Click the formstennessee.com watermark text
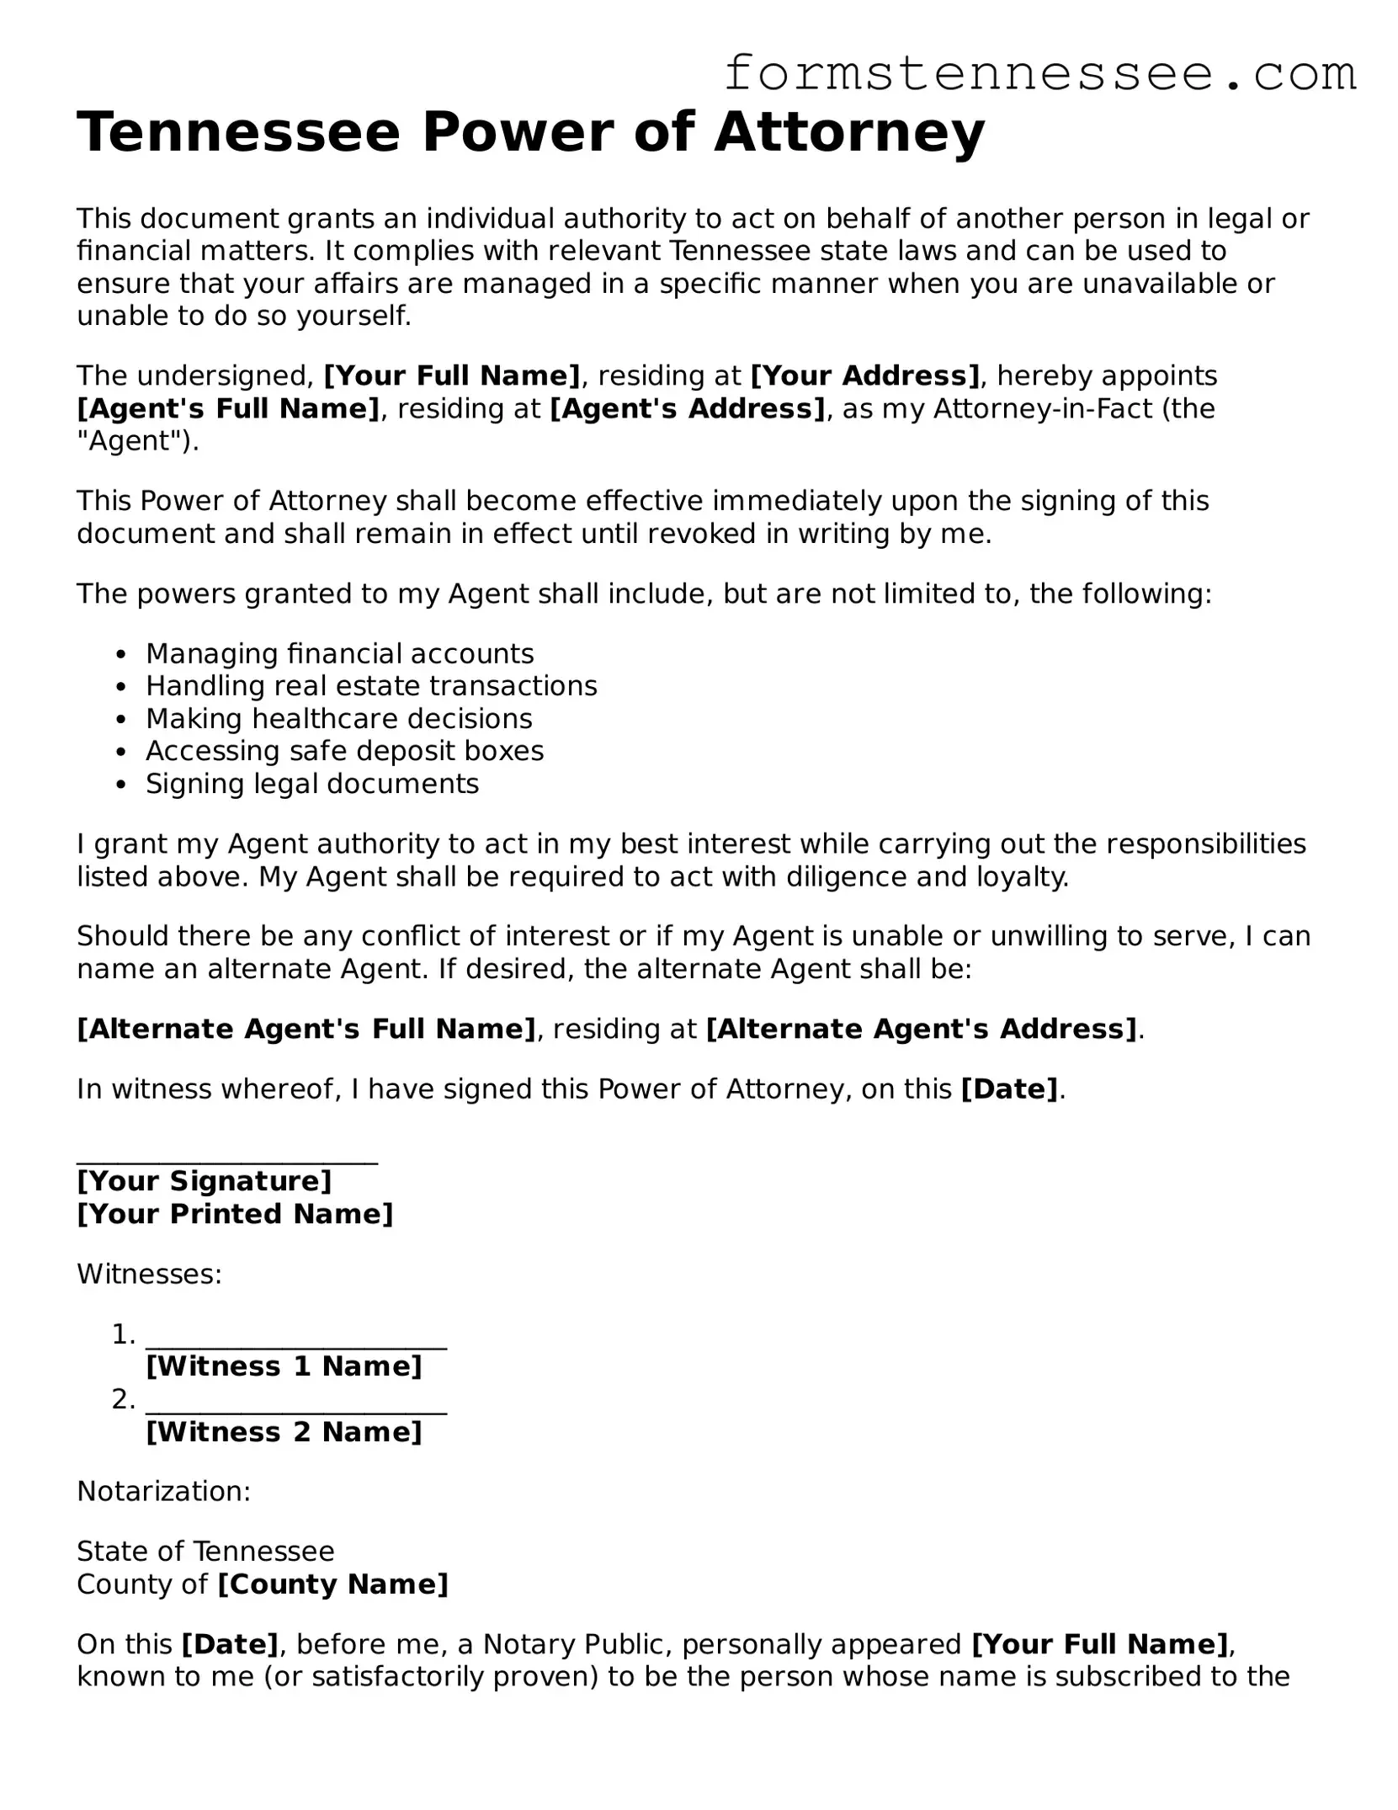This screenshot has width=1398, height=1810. [1039, 74]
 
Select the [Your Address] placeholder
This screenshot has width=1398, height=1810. [865, 375]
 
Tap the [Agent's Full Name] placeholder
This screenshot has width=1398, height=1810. [228, 408]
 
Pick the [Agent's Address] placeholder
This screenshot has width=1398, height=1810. [688, 408]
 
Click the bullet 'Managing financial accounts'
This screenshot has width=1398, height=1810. [339, 654]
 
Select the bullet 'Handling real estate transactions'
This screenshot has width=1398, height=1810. [371, 686]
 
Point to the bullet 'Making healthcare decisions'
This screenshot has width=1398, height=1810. [338, 719]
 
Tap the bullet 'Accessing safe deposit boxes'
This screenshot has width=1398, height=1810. [344, 751]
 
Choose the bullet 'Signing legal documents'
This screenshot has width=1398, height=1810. [312, 784]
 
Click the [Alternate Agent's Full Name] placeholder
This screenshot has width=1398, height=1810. [306, 1029]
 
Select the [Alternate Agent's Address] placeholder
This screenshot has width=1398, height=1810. [922, 1029]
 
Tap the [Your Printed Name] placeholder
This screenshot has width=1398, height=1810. [235, 1214]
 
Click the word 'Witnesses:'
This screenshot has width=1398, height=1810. [149, 1274]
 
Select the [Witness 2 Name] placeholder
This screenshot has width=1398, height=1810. [284, 1432]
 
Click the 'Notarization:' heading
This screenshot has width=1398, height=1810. [163, 1491]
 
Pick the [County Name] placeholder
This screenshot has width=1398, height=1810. [332, 1584]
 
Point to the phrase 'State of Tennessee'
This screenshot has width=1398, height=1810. [205, 1551]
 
